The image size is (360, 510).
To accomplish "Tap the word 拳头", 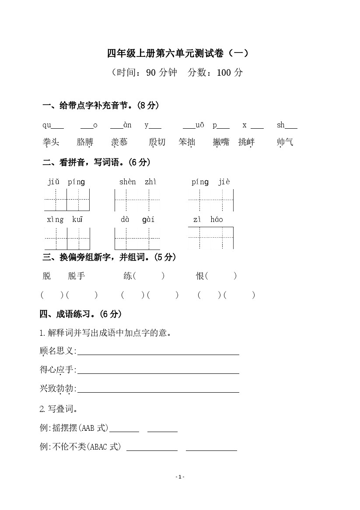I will (51, 142).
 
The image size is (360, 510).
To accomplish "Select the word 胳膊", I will (85, 142).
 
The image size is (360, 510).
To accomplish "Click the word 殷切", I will (157, 142).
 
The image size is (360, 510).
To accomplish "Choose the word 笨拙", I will (187, 142).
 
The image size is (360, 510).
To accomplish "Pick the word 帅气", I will (285, 142).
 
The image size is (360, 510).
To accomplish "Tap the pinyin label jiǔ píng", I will (66, 182).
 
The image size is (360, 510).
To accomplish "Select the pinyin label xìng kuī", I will (65, 220).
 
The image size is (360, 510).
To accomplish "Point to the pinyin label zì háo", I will (208, 220).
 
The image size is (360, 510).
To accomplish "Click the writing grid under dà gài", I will (137, 239).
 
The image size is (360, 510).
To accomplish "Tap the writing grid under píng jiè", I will (212, 200).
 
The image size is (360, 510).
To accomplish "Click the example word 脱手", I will (77, 276).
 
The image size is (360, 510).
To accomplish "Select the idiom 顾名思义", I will (58, 351).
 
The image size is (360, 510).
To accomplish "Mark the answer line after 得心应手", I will (158, 373).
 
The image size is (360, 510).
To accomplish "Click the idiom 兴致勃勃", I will (58, 389).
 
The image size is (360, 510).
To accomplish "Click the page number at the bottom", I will (180, 477).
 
